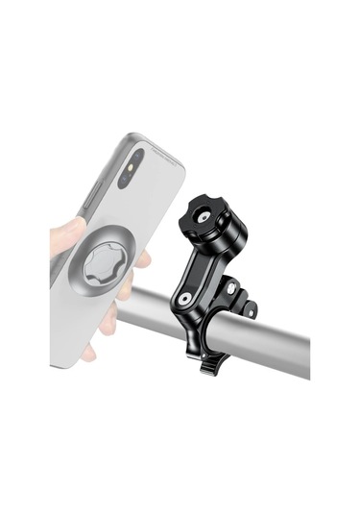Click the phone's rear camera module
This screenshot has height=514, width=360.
point(134,159)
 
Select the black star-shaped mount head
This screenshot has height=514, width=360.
point(205,214)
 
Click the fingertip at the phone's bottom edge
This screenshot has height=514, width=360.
point(89,353)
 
